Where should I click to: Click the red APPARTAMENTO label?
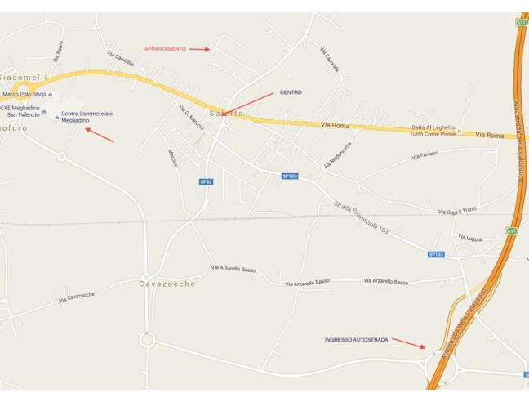[165, 49]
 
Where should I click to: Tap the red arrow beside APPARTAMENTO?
[199, 49]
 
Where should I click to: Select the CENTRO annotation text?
[291, 92]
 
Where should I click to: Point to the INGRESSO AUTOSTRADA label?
[356, 339]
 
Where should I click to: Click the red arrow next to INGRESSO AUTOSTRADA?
[408, 342]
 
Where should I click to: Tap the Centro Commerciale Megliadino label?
[87, 117]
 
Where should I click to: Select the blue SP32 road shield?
[206, 181]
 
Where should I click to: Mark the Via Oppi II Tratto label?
[456, 212]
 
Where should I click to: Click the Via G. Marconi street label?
[190, 118]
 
